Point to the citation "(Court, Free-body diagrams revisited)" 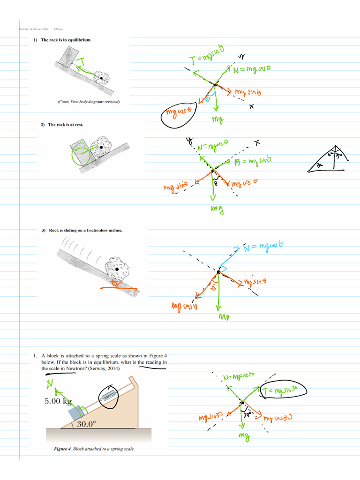[89, 102]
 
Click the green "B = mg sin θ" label [253, 162]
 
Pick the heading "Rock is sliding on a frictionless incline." [86, 230]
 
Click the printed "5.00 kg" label [58, 401]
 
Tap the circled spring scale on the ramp [110, 396]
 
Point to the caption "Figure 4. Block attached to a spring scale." [94, 449]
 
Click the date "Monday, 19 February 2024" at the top [34, 30]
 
